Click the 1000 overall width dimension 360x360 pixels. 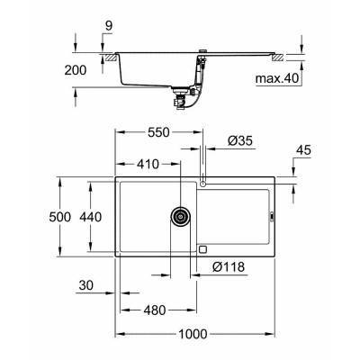click(x=191, y=334)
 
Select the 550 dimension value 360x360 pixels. click(x=158, y=130)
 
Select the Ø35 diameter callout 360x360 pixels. click(x=227, y=140)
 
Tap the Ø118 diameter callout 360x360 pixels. click(x=229, y=266)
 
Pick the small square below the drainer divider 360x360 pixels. click(x=202, y=249)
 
